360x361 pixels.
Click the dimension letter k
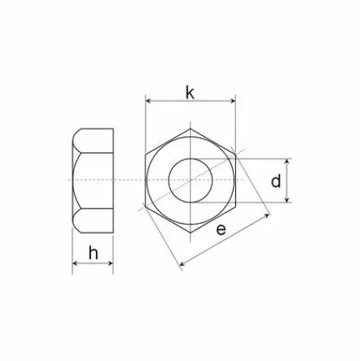[190, 93]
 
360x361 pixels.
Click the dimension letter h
[93, 253]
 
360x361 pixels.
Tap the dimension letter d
[276, 181]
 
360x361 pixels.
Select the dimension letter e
[221, 229]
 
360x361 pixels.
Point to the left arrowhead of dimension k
[148, 101]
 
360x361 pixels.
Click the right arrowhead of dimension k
[233, 101]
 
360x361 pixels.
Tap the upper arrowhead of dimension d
[287, 161]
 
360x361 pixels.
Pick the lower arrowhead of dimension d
[287, 200]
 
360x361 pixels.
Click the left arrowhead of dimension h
[75, 263]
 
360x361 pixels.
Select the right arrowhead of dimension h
[110, 263]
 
